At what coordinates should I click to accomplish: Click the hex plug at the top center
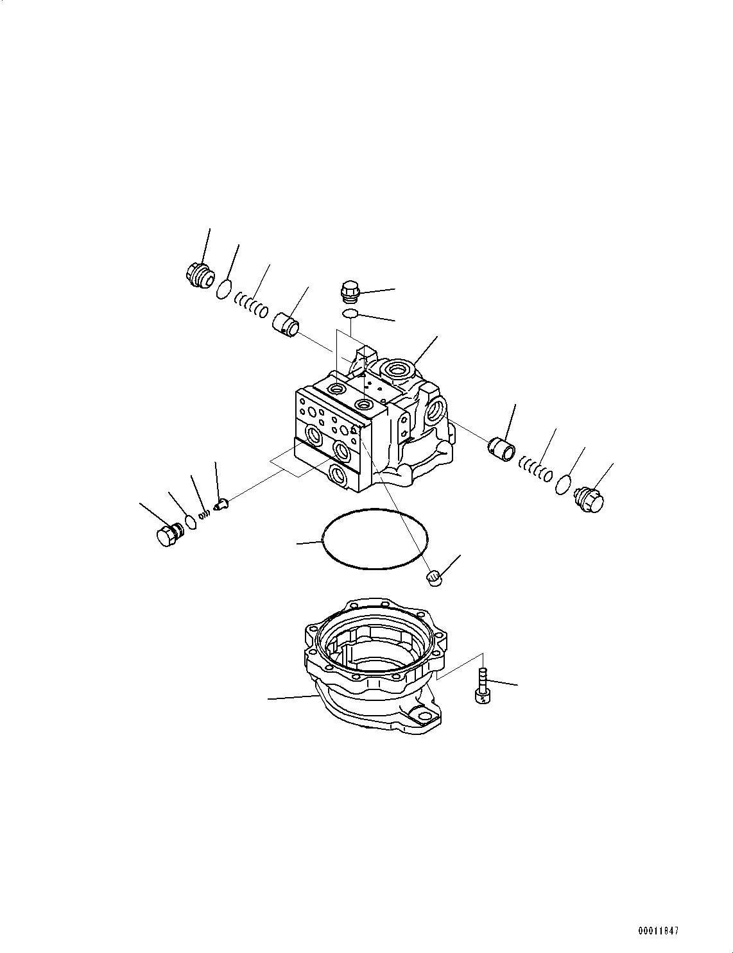(x=349, y=291)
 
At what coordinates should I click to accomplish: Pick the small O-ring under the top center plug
(x=350, y=314)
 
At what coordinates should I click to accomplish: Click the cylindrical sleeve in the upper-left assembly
(x=287, y=323)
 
